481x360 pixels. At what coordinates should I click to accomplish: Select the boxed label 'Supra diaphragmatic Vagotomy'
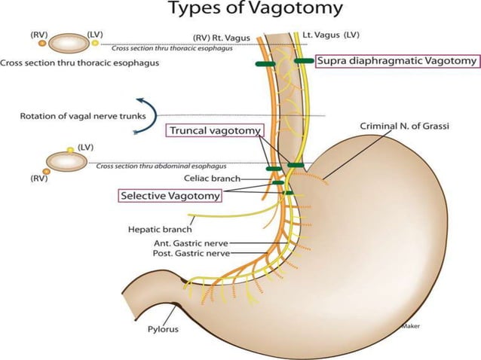[397, 62]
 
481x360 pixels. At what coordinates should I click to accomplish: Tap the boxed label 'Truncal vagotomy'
[215, 130]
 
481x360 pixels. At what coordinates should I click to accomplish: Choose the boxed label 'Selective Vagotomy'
[170, 195]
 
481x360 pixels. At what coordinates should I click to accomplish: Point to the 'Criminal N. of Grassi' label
[405, 127]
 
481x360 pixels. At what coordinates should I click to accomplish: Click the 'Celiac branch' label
[212, 178]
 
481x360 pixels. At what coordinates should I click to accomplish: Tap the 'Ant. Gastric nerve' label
[189, 243]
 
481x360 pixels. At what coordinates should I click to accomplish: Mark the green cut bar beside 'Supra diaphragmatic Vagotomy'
[304, 61]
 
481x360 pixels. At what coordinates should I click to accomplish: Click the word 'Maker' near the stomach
[411, 326]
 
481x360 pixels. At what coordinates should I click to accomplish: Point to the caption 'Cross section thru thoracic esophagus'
[80, 63]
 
